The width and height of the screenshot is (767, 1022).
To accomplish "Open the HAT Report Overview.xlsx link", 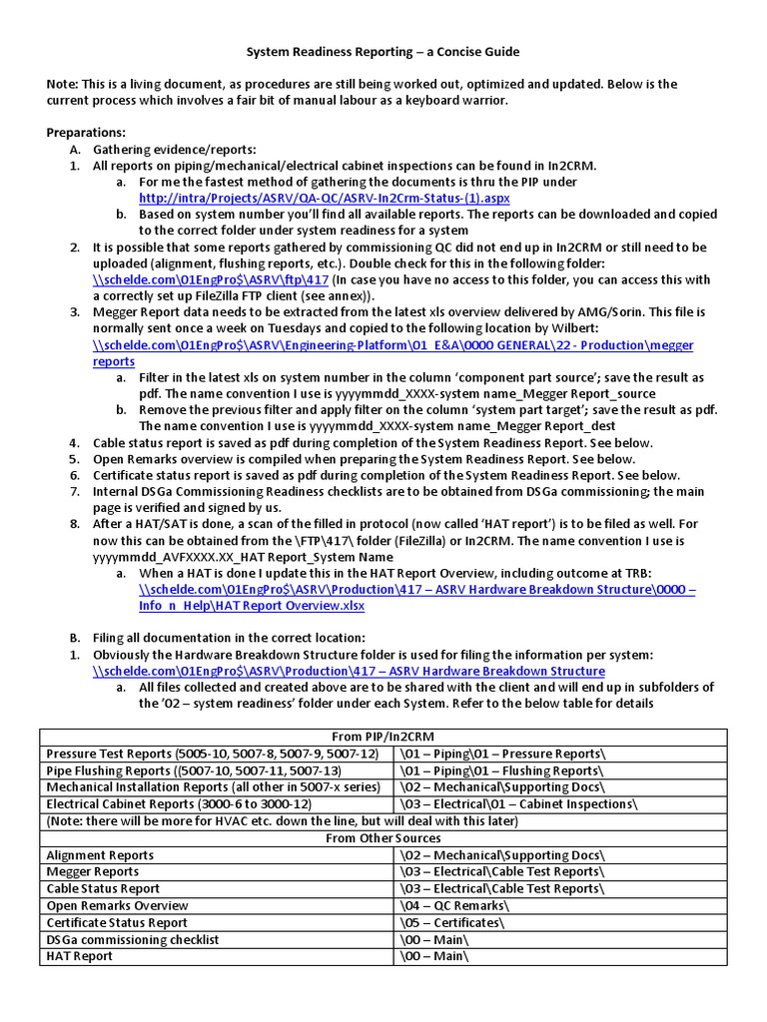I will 252,605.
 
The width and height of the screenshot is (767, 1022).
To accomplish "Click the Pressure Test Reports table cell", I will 213,754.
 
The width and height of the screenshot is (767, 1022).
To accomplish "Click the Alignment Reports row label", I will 100,855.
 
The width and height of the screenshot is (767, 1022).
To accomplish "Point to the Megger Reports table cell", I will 93,872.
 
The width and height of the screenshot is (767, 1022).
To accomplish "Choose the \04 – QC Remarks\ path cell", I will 454,905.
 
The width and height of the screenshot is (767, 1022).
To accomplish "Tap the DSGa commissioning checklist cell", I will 133,939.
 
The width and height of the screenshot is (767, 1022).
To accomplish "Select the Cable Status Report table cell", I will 103,888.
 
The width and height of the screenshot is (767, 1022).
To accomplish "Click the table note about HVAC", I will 283,821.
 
